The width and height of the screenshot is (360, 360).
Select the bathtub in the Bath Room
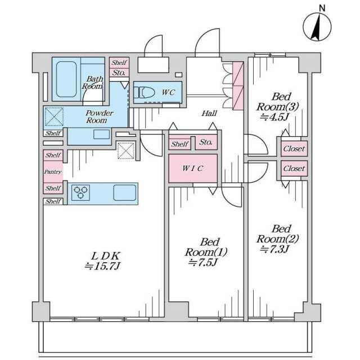coord(66,79)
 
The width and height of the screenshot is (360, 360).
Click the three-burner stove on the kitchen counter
coord(80,192)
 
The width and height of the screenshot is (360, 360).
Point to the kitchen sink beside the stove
coord(125,192)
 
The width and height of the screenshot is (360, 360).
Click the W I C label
coord(192,168)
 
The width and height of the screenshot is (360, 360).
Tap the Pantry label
coord(53,172)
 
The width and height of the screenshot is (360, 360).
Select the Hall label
coord(209,113)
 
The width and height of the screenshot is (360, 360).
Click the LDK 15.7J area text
coord(102,261)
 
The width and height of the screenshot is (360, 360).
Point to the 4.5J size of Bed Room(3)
coord(274,118)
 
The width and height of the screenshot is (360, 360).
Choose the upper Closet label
coord(294,148)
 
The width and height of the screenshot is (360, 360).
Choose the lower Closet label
coord(294,169)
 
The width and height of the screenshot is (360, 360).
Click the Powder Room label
coord(99,116)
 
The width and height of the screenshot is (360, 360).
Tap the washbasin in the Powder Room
coord(101,134)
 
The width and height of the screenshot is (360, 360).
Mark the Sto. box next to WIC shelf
coord(206,142)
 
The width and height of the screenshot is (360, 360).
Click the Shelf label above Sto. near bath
coord(119,62)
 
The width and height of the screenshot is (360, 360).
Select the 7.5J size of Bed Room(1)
coord(202,262)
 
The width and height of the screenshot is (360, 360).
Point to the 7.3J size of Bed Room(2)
coord(274,249)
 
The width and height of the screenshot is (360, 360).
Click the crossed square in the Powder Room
coord(54,116)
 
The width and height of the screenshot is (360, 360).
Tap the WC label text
coord(168,92)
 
